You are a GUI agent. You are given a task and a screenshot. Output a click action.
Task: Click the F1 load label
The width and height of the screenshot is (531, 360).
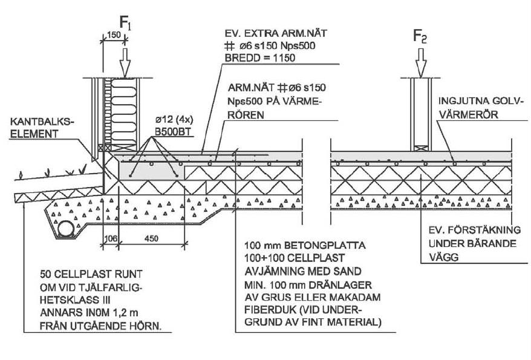coord(125,24)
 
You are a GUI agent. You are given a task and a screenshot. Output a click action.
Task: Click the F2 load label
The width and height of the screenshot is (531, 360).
coord(420,37)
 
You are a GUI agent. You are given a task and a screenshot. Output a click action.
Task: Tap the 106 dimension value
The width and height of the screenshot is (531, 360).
coord(109,238)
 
